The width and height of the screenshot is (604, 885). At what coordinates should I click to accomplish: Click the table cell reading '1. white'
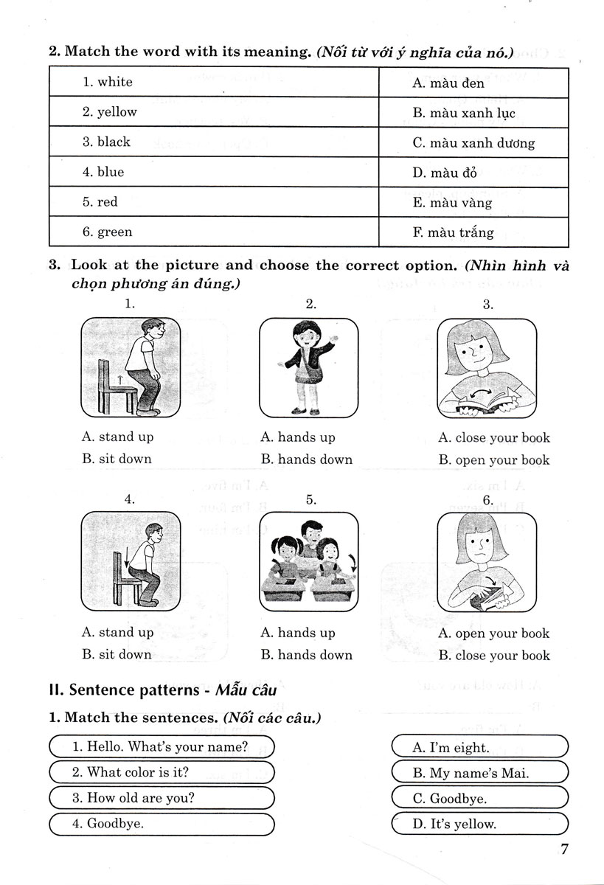tap(213, 82)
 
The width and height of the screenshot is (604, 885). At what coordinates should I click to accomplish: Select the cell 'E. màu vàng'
tap(473, 203)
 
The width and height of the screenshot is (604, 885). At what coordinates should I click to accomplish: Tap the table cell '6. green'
tap(213, 232)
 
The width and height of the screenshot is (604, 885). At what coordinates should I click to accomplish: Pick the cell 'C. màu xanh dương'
tap(473, 143)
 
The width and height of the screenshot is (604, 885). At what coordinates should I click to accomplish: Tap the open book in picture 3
tap(480, 402)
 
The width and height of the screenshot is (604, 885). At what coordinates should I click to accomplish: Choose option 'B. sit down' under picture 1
tap(117, 459)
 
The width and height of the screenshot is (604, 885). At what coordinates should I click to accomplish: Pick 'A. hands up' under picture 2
tap(298, 437)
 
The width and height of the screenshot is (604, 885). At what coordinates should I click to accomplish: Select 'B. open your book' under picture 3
tap(494, 460)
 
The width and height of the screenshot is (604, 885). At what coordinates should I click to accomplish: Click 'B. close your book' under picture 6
tap(494, 655)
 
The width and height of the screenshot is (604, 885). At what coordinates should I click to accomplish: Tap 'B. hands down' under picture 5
tap(307, 655)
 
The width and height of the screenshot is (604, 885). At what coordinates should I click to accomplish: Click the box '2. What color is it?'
tap(160, 772)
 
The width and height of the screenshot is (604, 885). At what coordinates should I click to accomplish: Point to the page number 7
tap(565, 850)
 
